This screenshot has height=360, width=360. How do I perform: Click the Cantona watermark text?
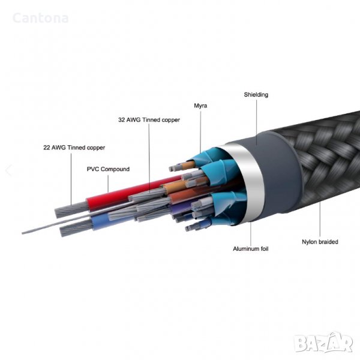point(40,18)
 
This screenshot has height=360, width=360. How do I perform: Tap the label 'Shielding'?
point(256,95)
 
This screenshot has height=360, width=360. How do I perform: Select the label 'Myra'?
point(200,106)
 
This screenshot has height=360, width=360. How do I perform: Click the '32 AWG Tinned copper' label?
point(149,119)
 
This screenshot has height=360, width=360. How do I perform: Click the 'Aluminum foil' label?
point(251,248)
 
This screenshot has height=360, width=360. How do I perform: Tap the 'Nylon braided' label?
point(319,242)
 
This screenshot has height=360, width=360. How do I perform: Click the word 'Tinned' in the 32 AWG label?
point(151,119)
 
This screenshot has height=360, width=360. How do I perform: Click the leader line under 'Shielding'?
point(256,120)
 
